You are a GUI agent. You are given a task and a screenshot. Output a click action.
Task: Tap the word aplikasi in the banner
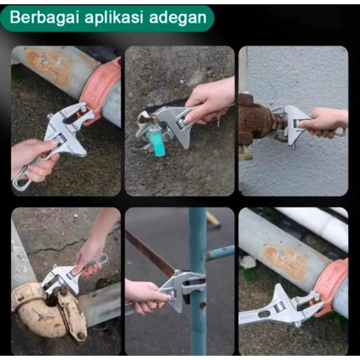(114, 18)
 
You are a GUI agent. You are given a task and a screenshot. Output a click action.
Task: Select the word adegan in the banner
(178, 18)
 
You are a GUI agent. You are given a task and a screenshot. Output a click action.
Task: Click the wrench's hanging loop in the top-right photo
(339, 132)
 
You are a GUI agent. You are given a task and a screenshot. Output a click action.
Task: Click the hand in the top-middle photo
(210, 101)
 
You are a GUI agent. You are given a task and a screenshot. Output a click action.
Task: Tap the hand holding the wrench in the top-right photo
(326, 122)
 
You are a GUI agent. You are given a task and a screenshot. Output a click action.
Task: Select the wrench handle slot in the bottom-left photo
(100, 260)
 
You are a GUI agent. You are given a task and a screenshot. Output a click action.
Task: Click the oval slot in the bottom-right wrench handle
(264, 314)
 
